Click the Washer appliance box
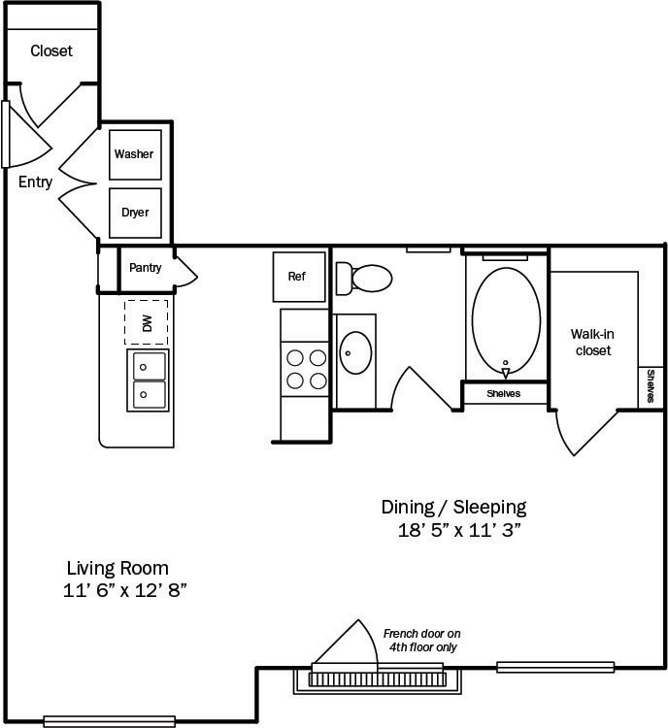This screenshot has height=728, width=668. coord(135,154)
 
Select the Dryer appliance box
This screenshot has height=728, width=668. coord(135,213)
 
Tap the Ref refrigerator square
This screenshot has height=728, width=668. coord(297,277)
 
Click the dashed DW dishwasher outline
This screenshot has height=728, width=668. coord(146,322)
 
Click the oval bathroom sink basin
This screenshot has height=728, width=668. coord(356,353)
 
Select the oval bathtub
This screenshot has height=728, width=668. coord(506,321)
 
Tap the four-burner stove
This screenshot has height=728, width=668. coord(304,368)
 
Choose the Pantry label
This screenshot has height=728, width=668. coord(146,268)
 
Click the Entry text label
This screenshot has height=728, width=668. coord(36,182)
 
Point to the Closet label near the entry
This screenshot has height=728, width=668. coord(51,50)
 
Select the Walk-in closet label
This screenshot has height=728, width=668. coord(592,342)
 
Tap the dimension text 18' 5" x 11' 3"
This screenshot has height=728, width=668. coord(453,530)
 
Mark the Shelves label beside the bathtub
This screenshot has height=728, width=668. coord(504,394)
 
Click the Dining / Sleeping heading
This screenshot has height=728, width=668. coord(453,507)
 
